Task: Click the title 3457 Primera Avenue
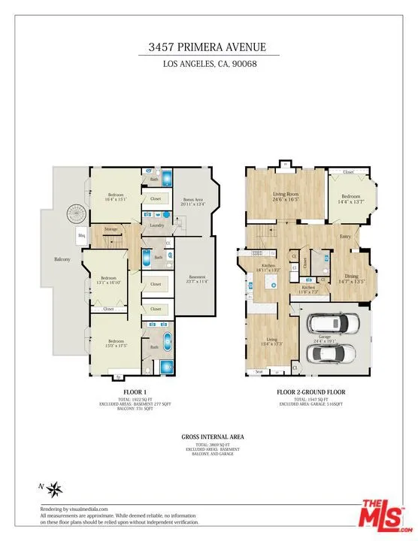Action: pyautogui.click(x=209, y=47)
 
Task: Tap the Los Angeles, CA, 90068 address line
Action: pyautogui.click(x=209, y=64)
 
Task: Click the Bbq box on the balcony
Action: pyautogui.click(x=81, y=236)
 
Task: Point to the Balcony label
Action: pyautogui.click(x=62, y=260)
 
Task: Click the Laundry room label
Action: pyautogui.click(x=157, y=225)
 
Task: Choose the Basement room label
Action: pyautogui.click(x=197, y=279)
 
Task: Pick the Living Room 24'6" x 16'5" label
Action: pyautogui.click(x=286, y=197)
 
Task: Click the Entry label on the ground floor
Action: pyautogui.click(x=345, y=237)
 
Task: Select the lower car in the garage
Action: pyautogui.click(x=336, y=352)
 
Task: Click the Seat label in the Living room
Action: pyautogui.click(x=259, y=371)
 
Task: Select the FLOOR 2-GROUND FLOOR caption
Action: pyautogui.click(x=311, y=392)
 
